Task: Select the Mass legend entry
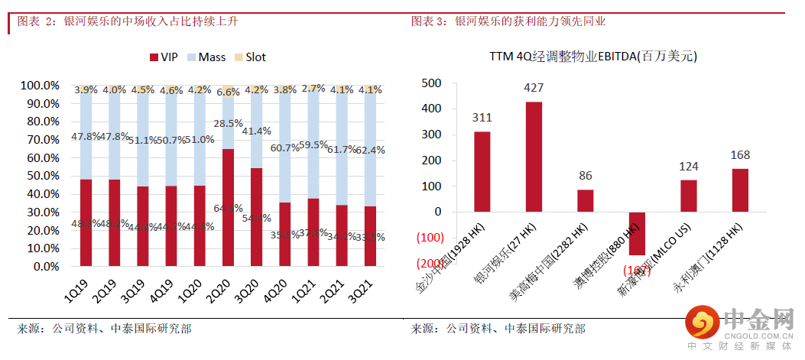(207, 57)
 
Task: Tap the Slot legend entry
(249, 57)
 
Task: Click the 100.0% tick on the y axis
(40, 85)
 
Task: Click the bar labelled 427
(534, 157)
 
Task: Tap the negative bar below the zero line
(637, 233)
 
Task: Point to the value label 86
(586, 176)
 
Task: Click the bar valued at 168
(740, 190)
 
